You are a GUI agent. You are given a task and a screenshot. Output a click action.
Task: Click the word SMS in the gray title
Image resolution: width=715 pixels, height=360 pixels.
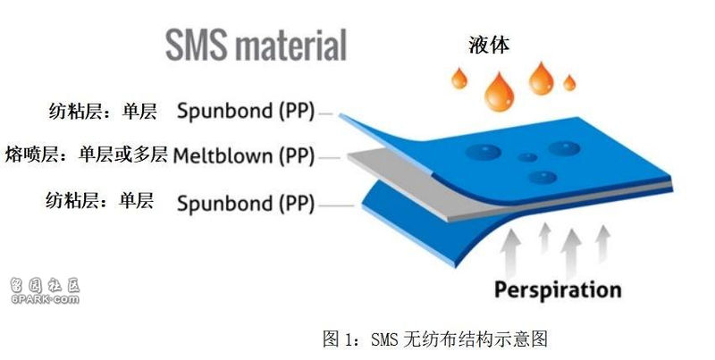click(196, 45)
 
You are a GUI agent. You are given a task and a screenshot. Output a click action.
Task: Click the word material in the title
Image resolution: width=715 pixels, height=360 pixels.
click(290, 45)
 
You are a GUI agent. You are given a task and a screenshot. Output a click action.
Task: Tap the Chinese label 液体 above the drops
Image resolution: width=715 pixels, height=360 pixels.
click(489, 45)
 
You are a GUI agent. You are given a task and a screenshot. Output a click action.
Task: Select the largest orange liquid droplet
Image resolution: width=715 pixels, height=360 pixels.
click(500, 92)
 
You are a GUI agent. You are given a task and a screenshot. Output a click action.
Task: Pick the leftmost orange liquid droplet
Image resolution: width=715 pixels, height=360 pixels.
click(459, 79)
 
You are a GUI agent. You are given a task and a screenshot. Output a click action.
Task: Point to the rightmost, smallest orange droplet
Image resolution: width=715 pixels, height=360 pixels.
click(569, 83)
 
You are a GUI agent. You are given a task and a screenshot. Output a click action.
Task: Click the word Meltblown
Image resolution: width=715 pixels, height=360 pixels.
click(223, 155)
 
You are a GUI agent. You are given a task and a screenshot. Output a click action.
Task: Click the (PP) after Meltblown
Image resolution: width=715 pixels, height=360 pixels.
click(297, 156)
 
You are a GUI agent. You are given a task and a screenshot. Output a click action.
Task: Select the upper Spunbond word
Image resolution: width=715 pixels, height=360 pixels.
click(224, 112)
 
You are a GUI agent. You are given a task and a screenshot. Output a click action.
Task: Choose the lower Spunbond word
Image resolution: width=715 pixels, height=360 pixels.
click(224, 204)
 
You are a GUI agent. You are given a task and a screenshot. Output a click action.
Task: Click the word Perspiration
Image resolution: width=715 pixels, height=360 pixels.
click(558, 289)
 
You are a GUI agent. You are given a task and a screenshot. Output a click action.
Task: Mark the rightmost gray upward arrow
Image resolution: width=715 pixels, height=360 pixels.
click(602, 244)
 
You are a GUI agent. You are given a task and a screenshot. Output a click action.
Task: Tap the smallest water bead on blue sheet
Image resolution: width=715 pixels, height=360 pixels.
click(528, 157)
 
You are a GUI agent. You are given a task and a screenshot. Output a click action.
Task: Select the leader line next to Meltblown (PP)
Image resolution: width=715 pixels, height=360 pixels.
click(329, 158)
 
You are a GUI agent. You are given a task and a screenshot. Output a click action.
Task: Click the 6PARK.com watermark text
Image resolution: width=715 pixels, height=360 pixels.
click(46, 299)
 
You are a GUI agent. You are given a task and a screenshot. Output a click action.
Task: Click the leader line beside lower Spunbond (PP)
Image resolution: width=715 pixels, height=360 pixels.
click(337, 206)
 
